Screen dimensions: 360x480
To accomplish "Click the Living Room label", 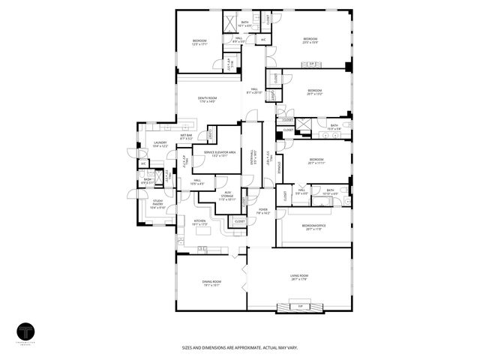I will [300, 277].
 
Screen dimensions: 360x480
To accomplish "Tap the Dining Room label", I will [211, 283].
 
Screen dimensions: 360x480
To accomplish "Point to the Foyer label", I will [262, 211].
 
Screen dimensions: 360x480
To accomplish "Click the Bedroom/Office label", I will [313, 227].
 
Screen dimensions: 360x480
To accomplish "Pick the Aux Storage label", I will [226, 197].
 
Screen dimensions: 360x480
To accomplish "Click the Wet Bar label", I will [187, 137].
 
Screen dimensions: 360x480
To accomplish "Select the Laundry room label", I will [160, 144].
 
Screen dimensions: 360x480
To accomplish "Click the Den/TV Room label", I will [207, 100].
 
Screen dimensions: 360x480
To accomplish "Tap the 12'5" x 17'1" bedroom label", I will [199, 43].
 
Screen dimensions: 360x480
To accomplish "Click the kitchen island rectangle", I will [202, 248].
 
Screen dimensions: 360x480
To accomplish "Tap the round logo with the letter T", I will [26, 332].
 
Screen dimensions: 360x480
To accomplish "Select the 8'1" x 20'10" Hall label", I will [254, 91].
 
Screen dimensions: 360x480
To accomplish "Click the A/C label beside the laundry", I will [142, 163].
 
